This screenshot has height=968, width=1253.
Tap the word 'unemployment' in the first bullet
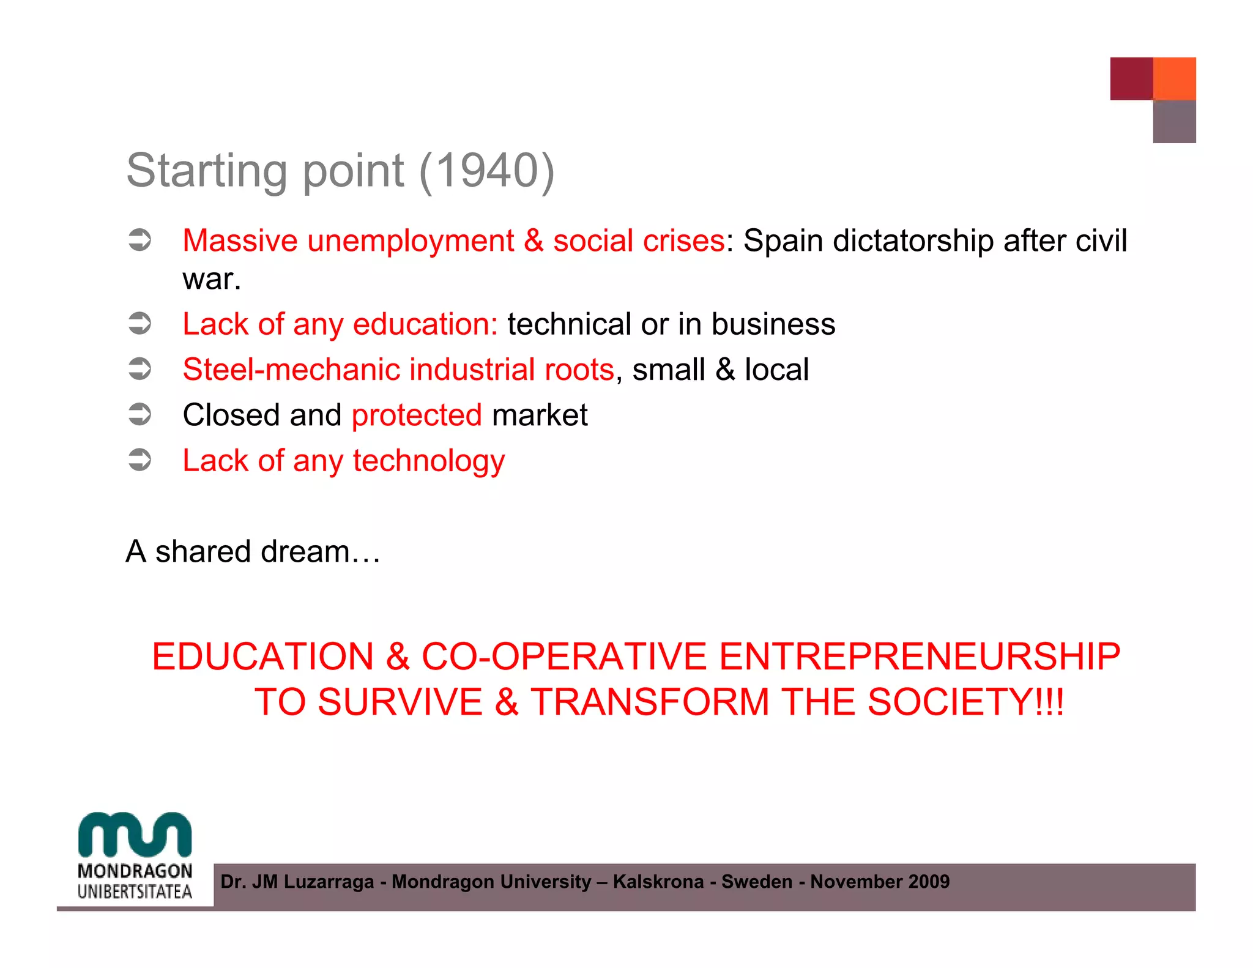[411, 241]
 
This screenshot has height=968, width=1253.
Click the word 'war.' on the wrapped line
[212, 279]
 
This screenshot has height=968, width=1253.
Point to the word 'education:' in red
[425, 324]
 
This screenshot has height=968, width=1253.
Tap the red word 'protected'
[417, 415]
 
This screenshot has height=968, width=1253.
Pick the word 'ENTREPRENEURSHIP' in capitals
[920, 657]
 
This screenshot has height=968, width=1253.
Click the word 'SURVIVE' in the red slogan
[400, 702]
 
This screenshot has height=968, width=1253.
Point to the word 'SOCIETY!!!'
[966, 702]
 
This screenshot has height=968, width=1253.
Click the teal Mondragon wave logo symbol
[135, 835]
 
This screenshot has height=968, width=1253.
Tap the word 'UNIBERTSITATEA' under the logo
[135, 892]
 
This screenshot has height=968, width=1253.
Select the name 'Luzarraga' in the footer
[329, 882]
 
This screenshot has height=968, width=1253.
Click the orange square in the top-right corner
[1174, 78]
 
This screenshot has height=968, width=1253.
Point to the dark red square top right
[1131, 78]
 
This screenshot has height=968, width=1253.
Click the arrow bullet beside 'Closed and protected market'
[140, 415]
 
